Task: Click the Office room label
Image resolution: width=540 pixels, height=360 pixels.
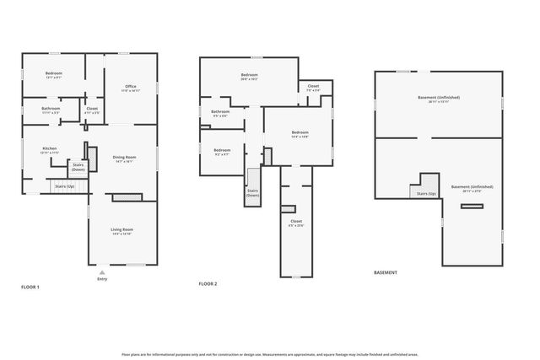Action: tap(130, 86)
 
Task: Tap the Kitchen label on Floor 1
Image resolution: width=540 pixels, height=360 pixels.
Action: tap(50, 149)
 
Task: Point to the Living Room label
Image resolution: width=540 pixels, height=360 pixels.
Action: tap(122, 229)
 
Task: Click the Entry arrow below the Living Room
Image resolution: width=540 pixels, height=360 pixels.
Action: tap(102, 273)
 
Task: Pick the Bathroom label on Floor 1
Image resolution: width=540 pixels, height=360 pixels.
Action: tap(51, 109)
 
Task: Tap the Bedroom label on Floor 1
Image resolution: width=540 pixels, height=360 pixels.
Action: tap(53, 73)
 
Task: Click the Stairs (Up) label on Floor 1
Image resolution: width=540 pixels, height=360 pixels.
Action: tap(64, 185)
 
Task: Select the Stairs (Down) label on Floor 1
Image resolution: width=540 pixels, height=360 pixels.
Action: tap(78, 167)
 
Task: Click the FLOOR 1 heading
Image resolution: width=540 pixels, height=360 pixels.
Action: tap(31, 287)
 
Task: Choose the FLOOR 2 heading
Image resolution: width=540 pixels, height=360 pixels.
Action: tap(208, 284)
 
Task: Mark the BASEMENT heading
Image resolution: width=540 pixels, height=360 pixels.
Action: tap(385, 272)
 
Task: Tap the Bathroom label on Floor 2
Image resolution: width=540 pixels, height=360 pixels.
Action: tap(220, 112)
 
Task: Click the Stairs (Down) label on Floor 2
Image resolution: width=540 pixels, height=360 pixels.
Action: tap(252, 192)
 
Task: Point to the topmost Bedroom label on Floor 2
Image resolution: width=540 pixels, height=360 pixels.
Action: tap(249, 75)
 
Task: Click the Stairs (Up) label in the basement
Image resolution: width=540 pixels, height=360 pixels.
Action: tap(426, 194)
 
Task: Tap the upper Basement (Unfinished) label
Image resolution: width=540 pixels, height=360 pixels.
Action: tap(439, 98)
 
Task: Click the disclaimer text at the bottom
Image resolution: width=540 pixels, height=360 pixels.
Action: tap(269, 355)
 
